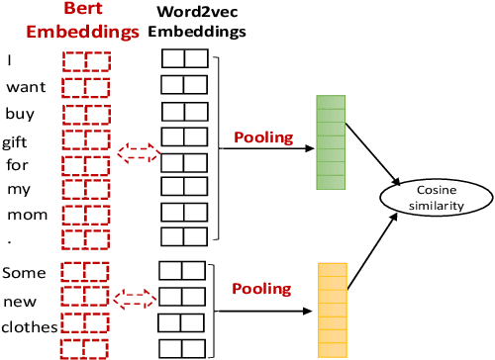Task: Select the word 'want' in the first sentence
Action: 26,87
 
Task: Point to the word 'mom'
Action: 22,215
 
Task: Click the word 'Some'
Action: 25,272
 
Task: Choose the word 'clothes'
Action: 29,326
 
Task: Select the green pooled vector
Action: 329,141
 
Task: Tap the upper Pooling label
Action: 262,136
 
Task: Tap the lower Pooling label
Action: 261,289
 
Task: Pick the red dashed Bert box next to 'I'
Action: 85,61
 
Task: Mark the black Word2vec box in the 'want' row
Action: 185,85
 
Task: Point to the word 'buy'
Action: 20,113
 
